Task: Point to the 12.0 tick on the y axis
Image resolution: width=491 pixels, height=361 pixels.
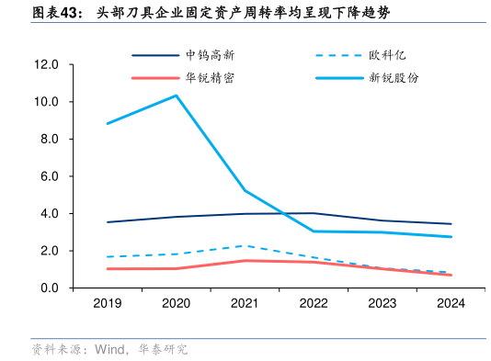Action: [45, 64]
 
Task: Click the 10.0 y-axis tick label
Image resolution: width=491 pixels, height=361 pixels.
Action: [45, 102]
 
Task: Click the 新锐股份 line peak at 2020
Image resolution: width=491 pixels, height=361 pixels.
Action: [176, 96]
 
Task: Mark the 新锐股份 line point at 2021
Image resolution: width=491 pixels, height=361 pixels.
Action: [245, 190]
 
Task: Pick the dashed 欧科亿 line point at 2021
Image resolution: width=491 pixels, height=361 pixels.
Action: [245, 245]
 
